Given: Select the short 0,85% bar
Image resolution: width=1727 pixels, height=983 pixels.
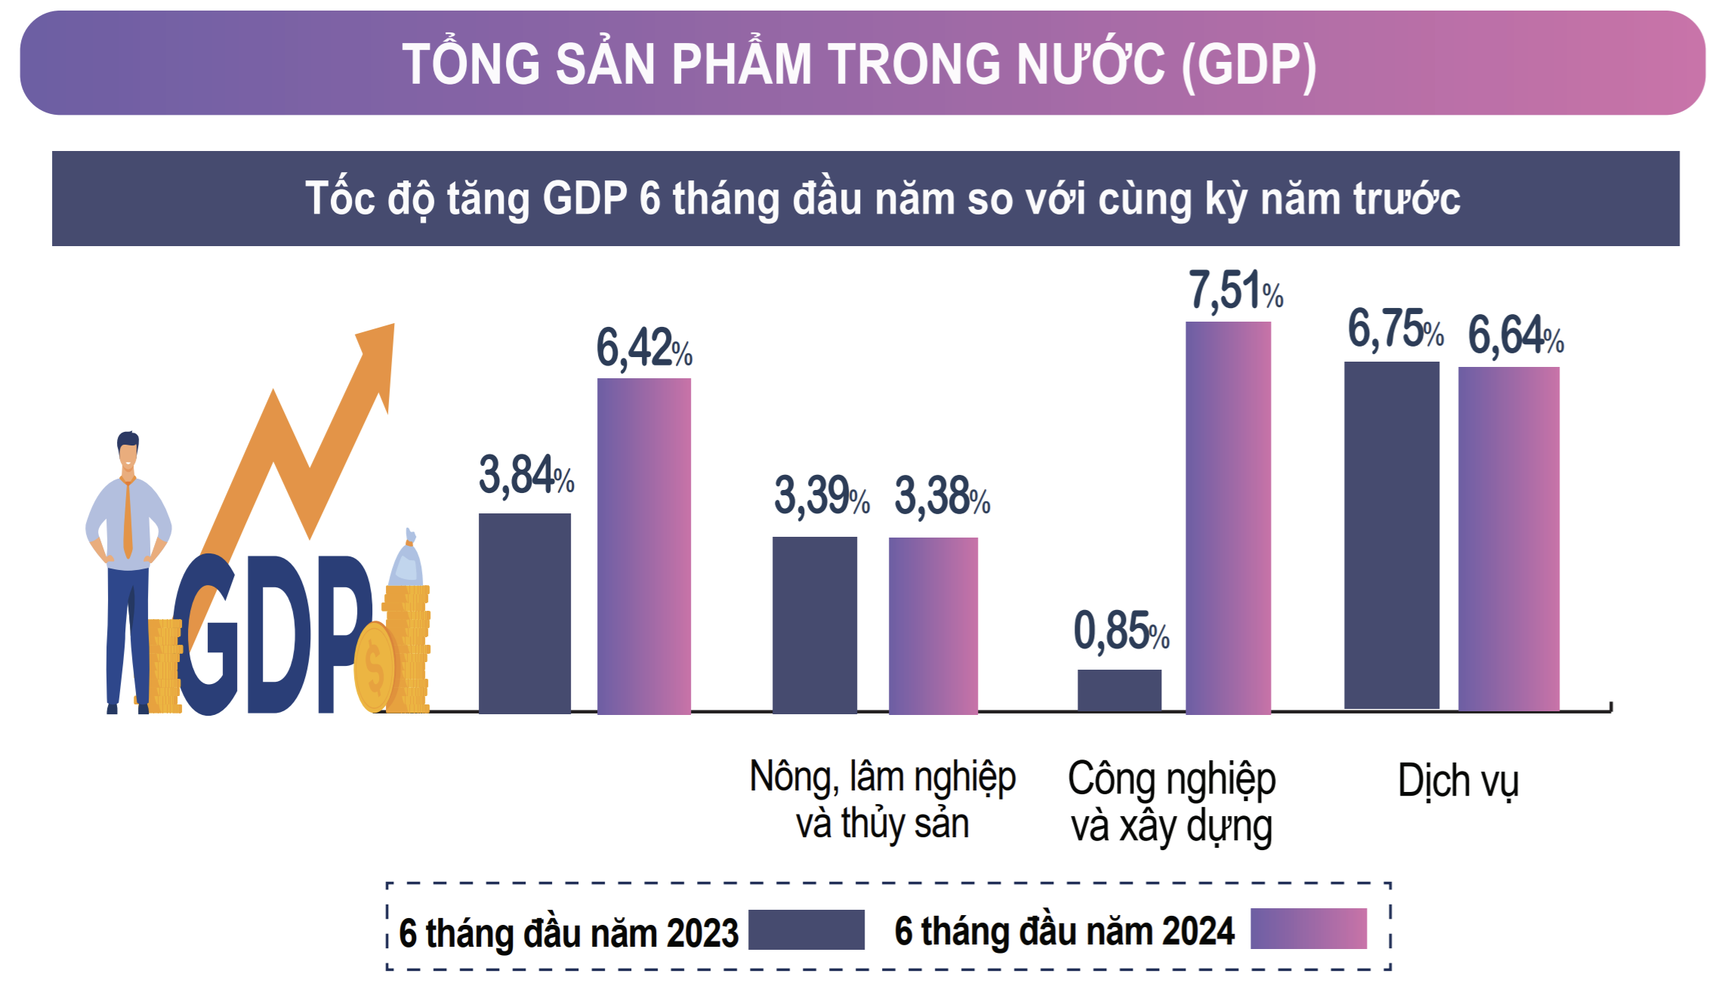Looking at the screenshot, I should [1119, 690].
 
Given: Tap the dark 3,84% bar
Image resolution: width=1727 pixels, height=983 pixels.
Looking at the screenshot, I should [524, 612].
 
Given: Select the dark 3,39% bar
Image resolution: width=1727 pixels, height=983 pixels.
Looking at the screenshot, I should [814, 624].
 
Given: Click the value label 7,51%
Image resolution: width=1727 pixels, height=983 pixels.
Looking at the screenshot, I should [1235, 291].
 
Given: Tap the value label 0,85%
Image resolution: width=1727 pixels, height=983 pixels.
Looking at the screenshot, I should [1121, 631].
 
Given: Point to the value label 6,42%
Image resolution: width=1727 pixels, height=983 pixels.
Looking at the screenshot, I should [643, 348].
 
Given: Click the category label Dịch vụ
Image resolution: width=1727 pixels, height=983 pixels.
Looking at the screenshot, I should [1457, 781].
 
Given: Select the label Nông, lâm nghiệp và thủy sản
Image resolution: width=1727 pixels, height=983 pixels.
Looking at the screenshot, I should [882, 800].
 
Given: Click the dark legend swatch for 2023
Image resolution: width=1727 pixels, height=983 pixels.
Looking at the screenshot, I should [806, 929].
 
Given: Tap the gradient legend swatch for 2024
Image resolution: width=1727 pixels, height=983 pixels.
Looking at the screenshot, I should [1308, 929].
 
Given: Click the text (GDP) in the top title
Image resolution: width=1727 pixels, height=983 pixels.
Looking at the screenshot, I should [1249, 65].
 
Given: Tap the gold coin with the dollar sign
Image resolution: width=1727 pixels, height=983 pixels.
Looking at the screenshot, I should [375, 667].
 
